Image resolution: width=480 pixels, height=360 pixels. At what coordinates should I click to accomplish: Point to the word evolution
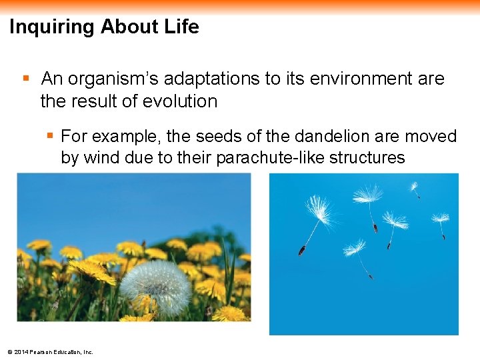183,101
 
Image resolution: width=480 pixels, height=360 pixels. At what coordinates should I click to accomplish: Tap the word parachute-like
277,158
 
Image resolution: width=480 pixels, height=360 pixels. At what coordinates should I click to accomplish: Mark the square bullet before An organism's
26,79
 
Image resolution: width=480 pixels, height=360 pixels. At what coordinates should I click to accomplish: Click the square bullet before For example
49,137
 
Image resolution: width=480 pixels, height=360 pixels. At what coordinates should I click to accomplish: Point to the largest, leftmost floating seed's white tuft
321,210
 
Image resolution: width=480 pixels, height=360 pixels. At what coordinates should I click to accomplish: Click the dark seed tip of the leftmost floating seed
301,251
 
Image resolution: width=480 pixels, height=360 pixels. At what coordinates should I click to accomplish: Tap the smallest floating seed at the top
414,187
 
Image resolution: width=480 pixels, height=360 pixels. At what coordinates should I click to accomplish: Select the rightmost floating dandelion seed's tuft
440,218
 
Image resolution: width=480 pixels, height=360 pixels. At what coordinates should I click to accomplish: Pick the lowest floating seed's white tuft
354,248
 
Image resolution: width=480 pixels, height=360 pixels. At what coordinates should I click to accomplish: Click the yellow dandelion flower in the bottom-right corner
230,313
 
